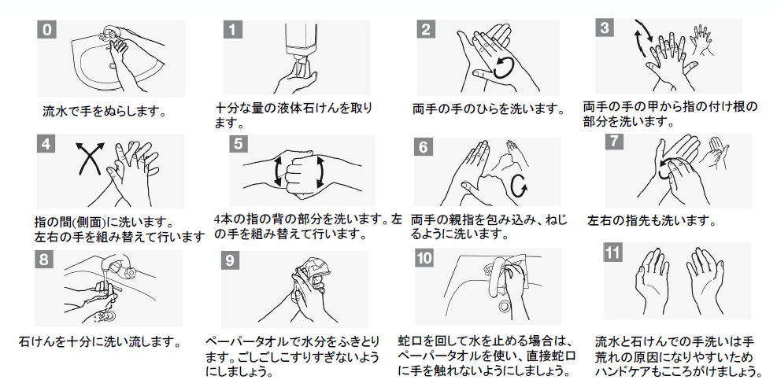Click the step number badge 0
tap(46, 29)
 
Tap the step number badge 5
tap(239, 144)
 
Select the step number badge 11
tap(612, 252)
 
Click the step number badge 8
tap(44, 260)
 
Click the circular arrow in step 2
tap(504, 68)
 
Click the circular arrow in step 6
tap(518, 186)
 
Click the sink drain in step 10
tap(505, 306)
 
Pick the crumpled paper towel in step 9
tap(313, 274)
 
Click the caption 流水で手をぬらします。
tap(104, 112)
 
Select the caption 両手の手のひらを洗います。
tap(488, 109)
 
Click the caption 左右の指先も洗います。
tap(652, 221)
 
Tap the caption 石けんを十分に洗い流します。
tap(99, 341)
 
